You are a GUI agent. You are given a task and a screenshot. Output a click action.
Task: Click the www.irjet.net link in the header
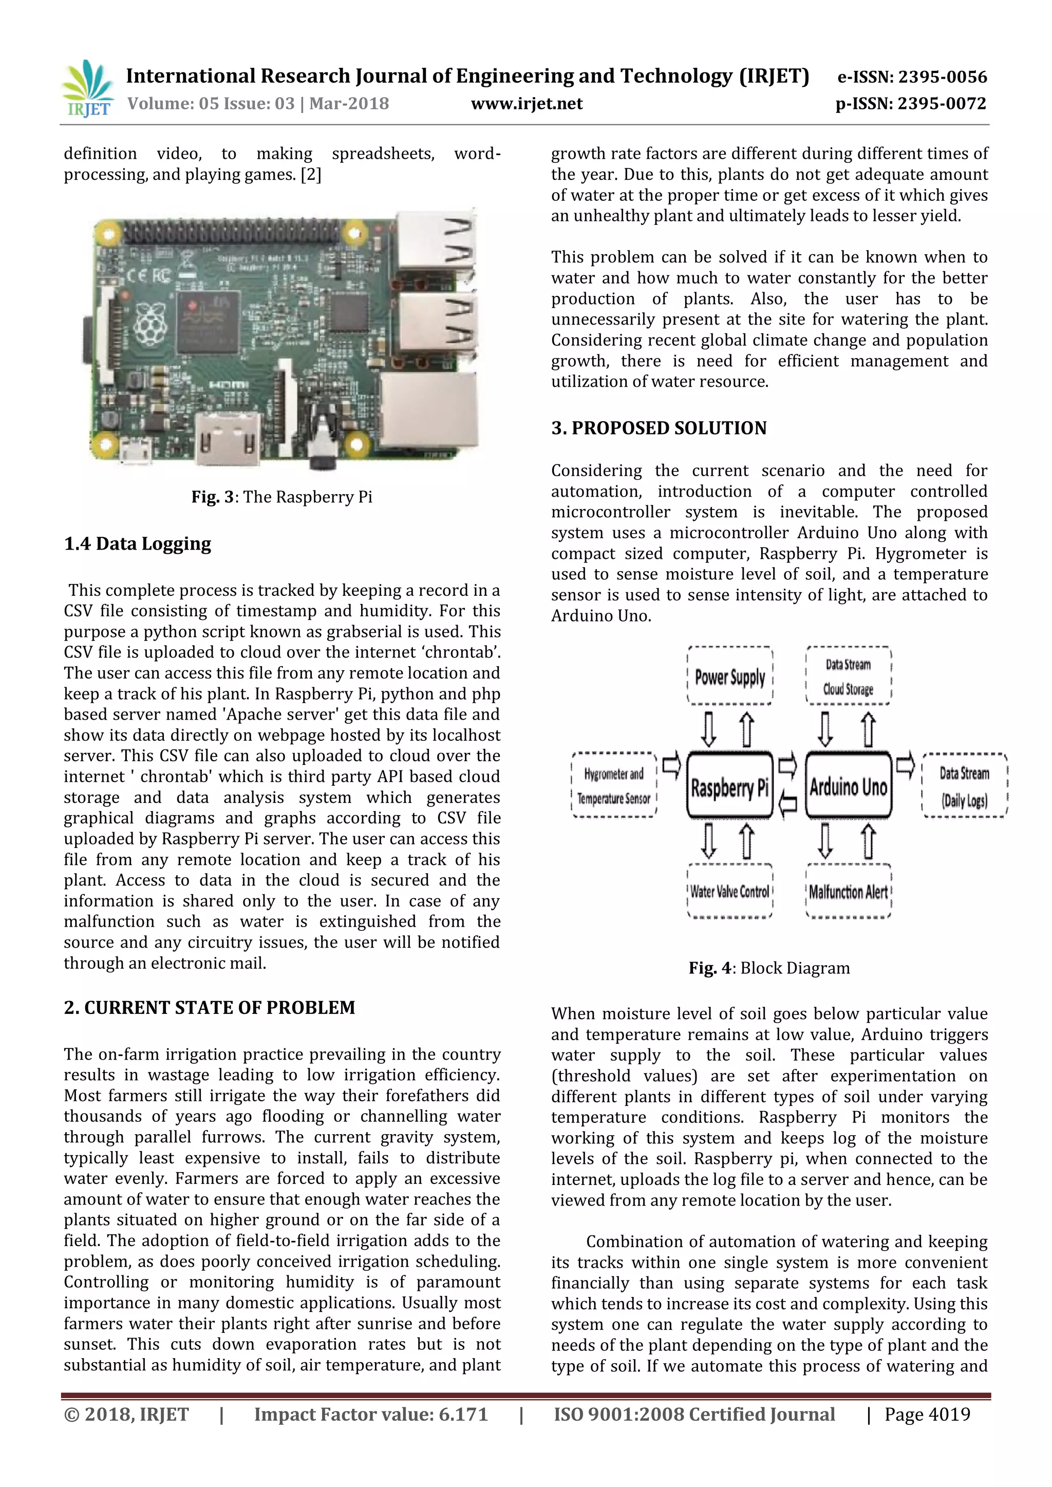coord(526,104)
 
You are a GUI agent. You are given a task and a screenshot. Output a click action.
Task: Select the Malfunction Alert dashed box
coord(848,892)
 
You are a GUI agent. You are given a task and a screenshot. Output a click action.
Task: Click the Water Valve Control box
coord(729,892)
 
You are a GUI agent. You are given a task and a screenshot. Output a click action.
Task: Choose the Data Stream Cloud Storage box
coord(848,676)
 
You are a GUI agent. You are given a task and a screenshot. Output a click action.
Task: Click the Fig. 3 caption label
coord(282,497)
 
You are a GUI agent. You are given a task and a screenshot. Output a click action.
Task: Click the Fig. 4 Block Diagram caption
coord(769,968)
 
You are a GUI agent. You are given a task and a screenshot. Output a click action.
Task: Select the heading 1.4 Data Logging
coord(137,543)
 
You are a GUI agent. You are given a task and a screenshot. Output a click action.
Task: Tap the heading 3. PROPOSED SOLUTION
coord(659,428)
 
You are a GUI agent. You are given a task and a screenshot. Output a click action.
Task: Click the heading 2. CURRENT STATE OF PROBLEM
coord(209,1008)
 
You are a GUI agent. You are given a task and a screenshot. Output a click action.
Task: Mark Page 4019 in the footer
coord(927,1414)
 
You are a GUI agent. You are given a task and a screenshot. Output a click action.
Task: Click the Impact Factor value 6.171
coord(370,1414)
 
